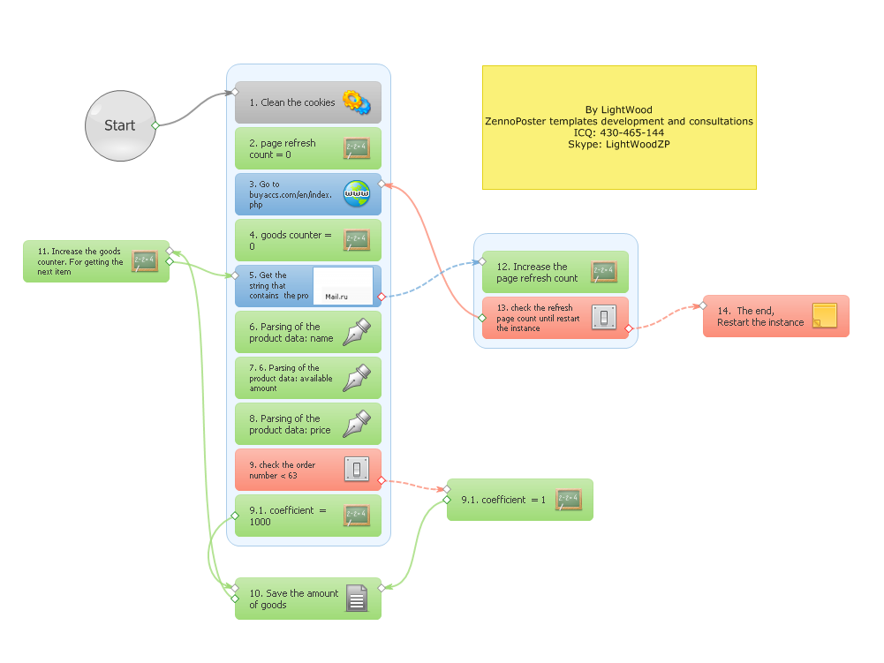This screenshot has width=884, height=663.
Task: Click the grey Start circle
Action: (120, 125)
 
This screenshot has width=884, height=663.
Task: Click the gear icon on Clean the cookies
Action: (356, 102)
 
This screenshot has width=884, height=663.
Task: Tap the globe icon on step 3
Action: (357, 193)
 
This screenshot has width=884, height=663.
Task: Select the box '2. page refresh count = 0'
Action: (308, 148)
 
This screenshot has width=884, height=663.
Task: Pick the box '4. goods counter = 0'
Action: (308, 240)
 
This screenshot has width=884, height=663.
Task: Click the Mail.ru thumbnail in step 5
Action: (343, 286)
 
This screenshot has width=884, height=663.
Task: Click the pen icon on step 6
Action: (357, 332)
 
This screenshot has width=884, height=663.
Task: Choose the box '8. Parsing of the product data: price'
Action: (308, 424)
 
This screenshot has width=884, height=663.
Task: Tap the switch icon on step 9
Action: (357, 469)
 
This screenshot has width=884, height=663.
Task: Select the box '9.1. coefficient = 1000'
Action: (308, 516)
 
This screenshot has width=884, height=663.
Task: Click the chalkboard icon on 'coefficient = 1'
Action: (569, 500)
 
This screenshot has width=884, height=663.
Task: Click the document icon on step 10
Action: (356, 599)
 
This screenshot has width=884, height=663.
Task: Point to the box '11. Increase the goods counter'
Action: (96, 261)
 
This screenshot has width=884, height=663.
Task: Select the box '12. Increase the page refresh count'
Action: (555, 272)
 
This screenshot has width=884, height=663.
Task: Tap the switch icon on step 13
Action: (604, 318)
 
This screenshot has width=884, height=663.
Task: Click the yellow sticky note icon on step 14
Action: (825, 316)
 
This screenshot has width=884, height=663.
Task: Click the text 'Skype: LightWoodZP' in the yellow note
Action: (619, 144)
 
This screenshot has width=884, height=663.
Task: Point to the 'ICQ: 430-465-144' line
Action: (619, 133)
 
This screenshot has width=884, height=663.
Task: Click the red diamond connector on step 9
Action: (382, 481)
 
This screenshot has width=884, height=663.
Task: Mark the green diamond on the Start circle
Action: (155, 125)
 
